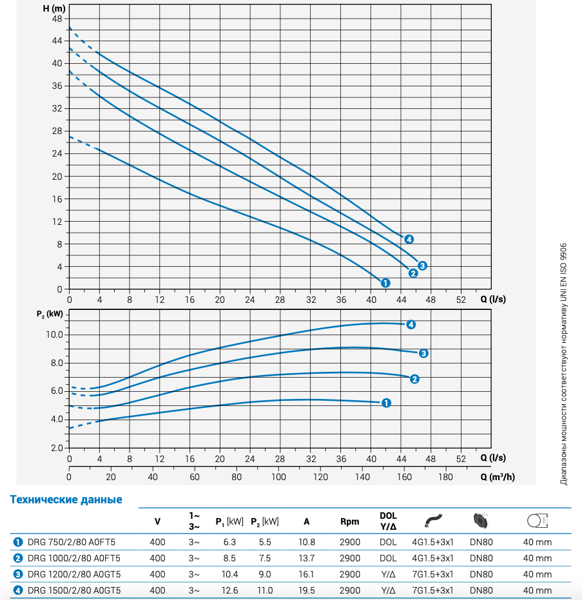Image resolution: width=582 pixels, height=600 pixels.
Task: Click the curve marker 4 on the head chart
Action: [409, 240]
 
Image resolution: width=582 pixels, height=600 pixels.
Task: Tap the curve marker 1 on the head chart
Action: [385, 282]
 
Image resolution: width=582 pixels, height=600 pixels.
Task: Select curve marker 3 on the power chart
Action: [423, 353]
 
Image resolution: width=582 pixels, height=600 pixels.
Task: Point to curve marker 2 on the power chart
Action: [415, 379]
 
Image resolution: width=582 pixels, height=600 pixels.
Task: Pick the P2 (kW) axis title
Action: [50, 314]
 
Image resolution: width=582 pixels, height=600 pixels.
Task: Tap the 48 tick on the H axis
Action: [57, 18]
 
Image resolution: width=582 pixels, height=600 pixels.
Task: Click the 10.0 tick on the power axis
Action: [53, 334]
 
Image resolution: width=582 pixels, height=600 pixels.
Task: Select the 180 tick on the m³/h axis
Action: [445, 477]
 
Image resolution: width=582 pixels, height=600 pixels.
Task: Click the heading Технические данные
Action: [66, 499]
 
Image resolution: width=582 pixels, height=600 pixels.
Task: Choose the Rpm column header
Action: [349, 521]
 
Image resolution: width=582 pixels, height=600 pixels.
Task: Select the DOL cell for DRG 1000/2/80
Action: [388, 558]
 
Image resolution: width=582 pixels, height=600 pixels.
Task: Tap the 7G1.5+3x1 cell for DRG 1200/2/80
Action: [432, 574]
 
